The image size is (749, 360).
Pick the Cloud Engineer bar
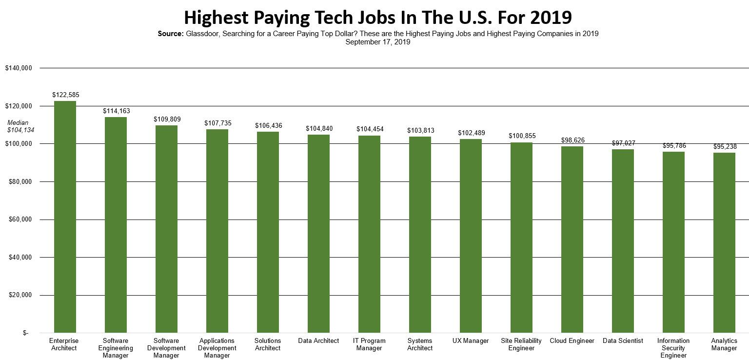tap(572, 240)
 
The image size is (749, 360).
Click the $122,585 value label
tap(66, 95)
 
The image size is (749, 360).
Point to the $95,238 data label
tap(725, 146)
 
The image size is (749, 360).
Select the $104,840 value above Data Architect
tap(319, 128)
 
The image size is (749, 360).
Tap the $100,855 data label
tap(522, 136)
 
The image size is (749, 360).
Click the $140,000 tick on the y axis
tap(19, 68)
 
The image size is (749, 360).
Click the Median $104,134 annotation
tap(18, 126)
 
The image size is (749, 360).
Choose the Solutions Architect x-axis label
tap(268, 344)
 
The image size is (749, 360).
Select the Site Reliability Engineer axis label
tap(521, 344)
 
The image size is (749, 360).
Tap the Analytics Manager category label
tap(724, 344)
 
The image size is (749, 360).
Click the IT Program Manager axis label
tap(369, 344)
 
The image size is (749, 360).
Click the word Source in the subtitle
tap(170, 34)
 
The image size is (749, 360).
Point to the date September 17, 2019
tap(378, 42)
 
